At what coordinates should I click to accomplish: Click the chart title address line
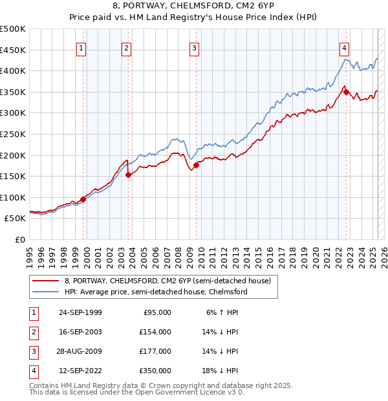coord(193,7)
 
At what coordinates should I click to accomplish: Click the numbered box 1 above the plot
coord(81,47)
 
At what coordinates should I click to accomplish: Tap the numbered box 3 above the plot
coord(194,47)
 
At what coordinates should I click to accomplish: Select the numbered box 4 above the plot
coord(345,47)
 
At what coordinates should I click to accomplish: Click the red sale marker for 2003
coord(128,174)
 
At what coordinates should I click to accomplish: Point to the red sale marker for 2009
coord(196,164)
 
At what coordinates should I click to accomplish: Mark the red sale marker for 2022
coord(346,92)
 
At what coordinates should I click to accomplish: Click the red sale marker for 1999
coord(83,199)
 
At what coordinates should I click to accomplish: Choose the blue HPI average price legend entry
coord(156,292)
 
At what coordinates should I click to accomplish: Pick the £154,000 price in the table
coord(155,332)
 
